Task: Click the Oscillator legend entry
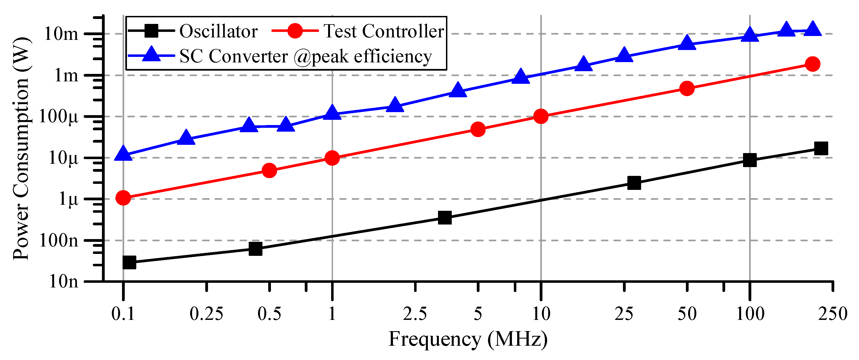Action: click(218, 31)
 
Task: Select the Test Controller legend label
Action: click(384, 31)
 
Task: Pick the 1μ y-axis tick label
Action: click(69, 199)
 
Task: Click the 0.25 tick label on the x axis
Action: click(206, 314)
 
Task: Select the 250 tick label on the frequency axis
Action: click(832, 314)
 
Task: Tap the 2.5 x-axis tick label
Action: click(415, 314)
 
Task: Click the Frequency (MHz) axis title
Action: click(468, 339)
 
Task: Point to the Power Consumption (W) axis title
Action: click(21, 149)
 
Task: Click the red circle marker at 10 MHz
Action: click(541, 116)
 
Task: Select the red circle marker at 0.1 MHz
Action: click(123, 198)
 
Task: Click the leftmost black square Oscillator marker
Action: click(129, 262)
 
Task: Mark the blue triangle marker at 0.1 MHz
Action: click(123, 154)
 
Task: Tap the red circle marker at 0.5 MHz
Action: click(270, 170)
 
